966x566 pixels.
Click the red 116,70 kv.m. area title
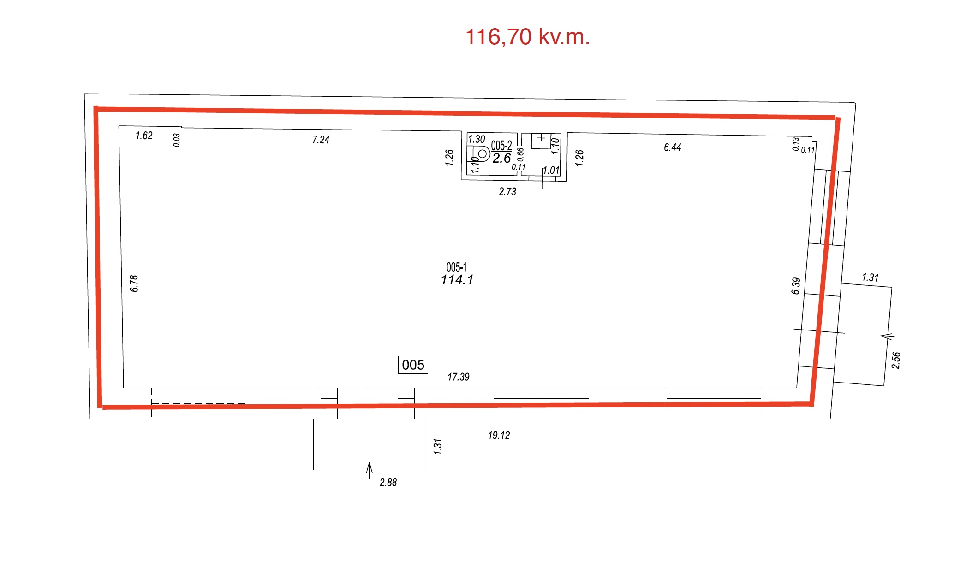(527, 37)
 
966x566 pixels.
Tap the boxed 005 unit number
(413, 365)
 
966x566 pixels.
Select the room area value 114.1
(457, 280)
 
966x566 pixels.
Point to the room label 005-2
(501, 146)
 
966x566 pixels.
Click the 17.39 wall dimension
(458, 377)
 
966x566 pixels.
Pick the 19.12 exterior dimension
(499, 435)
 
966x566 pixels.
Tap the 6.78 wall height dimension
(134, 283)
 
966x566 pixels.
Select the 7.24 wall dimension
(321, 140)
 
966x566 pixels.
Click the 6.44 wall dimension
(672, 147)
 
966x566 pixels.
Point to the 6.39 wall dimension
(796, 286)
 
